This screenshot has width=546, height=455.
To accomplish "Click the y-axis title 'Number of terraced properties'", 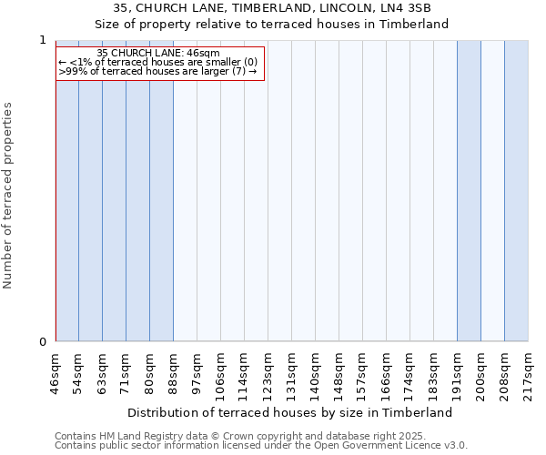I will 8,196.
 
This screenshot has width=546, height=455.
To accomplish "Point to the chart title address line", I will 272,8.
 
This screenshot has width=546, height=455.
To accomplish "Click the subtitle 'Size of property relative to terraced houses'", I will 272,25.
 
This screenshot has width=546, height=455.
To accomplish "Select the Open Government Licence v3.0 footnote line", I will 261,446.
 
